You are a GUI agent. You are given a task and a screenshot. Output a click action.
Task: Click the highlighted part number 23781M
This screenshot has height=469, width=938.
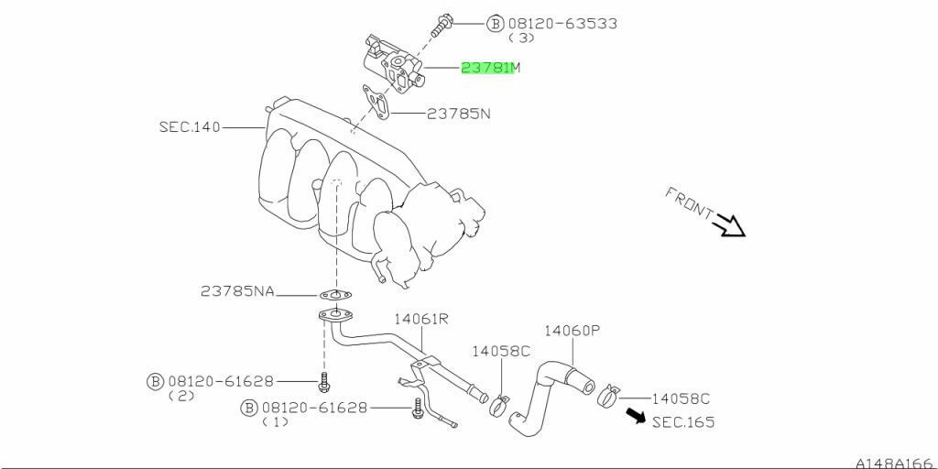point(489,67)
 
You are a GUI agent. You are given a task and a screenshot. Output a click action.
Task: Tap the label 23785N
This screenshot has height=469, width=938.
point(458,114)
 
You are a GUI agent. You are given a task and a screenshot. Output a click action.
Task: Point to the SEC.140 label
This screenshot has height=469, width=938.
point(190,127)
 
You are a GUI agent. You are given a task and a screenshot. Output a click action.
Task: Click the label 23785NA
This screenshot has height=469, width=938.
point(237,291)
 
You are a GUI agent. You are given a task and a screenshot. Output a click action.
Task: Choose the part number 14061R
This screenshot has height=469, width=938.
point(421,319)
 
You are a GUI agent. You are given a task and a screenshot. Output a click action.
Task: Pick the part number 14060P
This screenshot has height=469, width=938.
point(572,331)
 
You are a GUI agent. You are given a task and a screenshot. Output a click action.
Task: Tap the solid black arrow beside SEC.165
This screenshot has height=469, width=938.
point(634,417)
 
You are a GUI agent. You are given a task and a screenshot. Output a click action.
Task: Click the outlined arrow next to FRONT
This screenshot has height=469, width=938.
point(731,224)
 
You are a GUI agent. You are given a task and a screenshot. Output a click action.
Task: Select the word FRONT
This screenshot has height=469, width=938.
point(689,202)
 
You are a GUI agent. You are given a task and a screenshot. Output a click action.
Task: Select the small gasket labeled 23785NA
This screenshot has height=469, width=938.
point(336,295)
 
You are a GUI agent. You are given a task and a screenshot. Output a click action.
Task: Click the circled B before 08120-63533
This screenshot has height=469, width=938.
point(496,23)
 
